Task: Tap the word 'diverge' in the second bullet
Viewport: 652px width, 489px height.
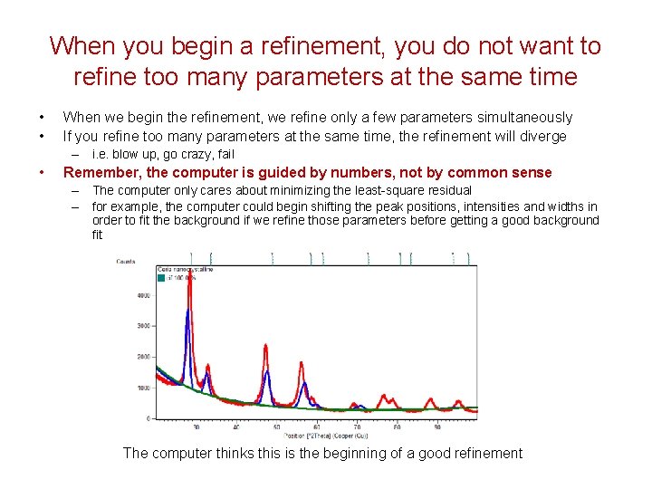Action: click(x=542, y=136)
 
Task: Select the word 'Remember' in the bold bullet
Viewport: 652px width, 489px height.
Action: click(x=102, y=172)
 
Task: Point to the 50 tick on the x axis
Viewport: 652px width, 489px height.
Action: click(x=276, y=427)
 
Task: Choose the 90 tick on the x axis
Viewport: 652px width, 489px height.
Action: click(x=437, y=427)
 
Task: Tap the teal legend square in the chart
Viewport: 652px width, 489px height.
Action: click(x=161, y=278)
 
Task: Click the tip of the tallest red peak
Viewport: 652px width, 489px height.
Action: click(x=187, y=271)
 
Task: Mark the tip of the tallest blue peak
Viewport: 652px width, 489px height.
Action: click(x=187, y=310)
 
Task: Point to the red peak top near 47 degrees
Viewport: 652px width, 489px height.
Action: click(x=265, y=345)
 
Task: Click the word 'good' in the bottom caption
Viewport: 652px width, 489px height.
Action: click(x=407, y=453)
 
